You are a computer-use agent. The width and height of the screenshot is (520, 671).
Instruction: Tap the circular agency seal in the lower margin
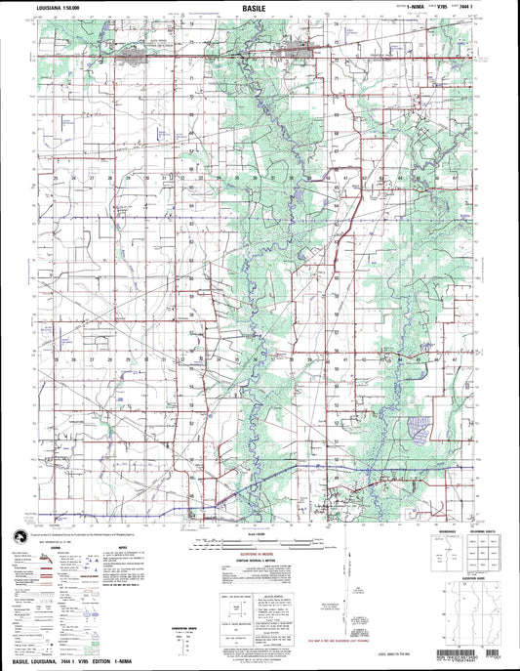20,533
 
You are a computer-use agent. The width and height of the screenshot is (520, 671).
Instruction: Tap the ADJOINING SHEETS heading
484,532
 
